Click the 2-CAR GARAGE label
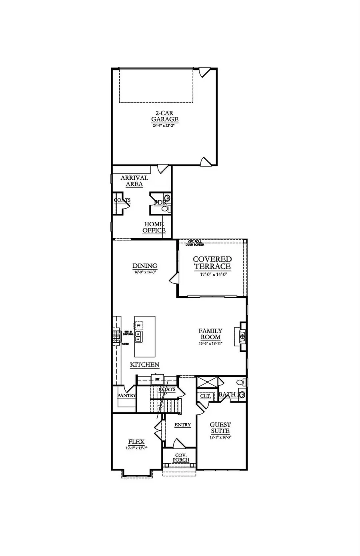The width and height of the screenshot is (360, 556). click(x=164, y=116)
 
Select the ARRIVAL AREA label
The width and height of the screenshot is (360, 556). click(x=134, y=181)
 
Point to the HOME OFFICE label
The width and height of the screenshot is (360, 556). click(x=154, y=227)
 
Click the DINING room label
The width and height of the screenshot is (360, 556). click(x=145, y=266)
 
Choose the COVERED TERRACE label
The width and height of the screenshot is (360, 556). click(x=212, y=263)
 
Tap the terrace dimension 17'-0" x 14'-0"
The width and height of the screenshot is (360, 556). click(x=212, y=274)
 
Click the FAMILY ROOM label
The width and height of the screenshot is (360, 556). click(x=210, y=334)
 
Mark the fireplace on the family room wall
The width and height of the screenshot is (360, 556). click(x=243, y=337)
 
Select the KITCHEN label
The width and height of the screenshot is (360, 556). click(x=145, y=365)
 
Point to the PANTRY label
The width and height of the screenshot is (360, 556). click(x=126, y=395)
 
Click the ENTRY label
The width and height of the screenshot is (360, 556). click(x=182, y=424)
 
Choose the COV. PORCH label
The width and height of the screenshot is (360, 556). click(x=181, y=458)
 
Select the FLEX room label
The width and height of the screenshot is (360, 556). click(x=136, y=442)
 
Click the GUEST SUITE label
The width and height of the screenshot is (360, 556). click(x=220, y=428)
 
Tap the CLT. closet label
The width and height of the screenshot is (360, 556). click(x=205, y=396)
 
